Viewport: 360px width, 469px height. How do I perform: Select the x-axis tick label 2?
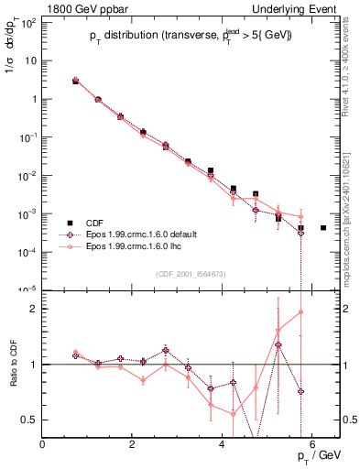pos(133,444)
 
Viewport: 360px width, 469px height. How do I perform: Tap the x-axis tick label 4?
pos(223,444)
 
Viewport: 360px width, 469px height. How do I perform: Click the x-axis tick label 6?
pos(312,444)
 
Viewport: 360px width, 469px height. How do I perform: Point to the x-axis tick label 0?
pos(43,444)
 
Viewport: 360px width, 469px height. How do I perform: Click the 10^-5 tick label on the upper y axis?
pos(27,289)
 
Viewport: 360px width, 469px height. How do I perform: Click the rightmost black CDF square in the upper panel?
pos(323,227)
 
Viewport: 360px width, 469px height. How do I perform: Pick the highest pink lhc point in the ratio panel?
pos(300,311)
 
